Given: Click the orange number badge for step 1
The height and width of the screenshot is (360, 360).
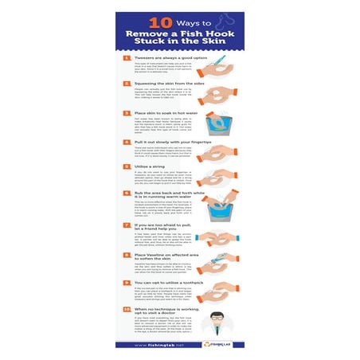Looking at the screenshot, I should (x=126, y=58).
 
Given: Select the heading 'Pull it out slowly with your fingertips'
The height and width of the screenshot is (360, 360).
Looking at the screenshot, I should (x=167, y=142).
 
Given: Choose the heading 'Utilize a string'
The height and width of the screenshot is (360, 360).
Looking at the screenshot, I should (x=149, y=166).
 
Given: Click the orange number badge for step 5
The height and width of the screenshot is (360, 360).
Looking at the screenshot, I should (x=126, y=166).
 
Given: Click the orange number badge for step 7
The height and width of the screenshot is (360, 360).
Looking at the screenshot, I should (x=126, y=226).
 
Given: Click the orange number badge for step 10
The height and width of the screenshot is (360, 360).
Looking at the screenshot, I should (x=126, y=307).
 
